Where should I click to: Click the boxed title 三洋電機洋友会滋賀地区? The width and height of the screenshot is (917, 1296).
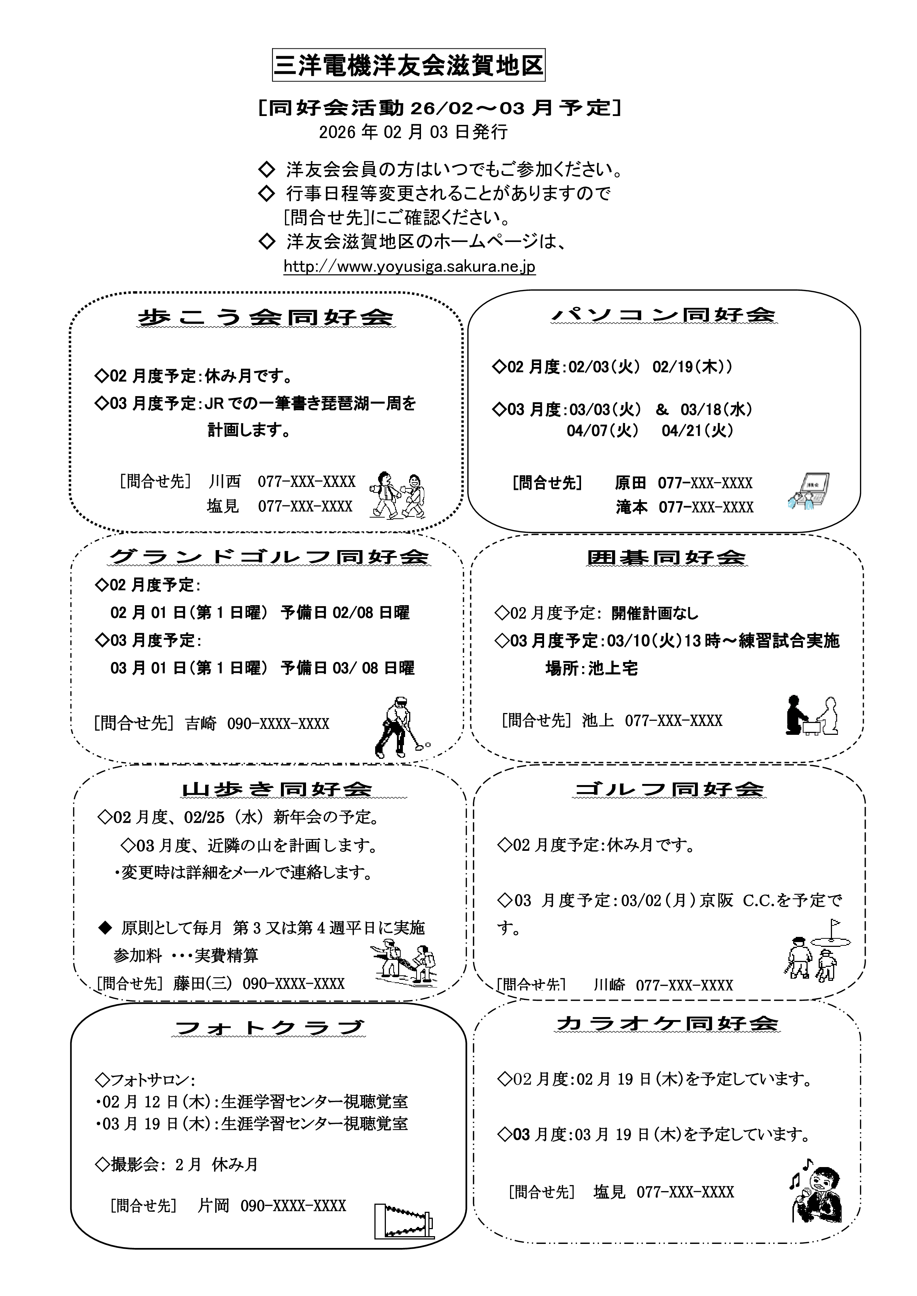tap(408, 65)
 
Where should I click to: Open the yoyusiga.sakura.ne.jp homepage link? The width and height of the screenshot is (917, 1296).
tap(410, 266)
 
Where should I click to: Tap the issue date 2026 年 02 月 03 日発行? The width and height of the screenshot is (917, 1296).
tap(413, 132)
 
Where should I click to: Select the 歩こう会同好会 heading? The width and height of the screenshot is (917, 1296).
tap(265, 317)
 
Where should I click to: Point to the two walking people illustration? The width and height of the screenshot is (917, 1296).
tap(397, 495)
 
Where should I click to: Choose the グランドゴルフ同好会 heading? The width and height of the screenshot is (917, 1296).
tap(269, 557)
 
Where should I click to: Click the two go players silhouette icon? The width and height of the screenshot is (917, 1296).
tap(811, 715)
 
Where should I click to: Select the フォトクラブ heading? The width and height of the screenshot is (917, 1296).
tap(270, 1028)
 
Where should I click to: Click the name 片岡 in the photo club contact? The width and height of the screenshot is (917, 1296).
tap(213, 1206)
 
